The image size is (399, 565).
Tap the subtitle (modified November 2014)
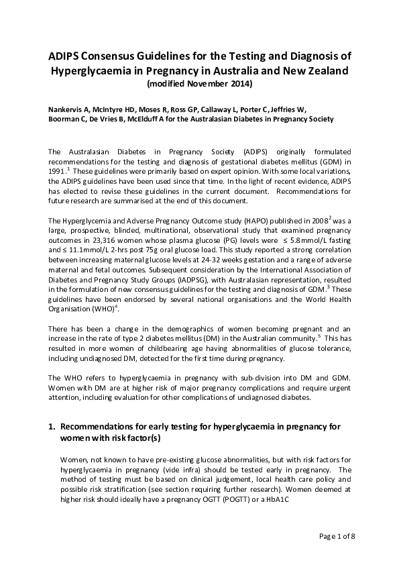(x=199, y=84)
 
